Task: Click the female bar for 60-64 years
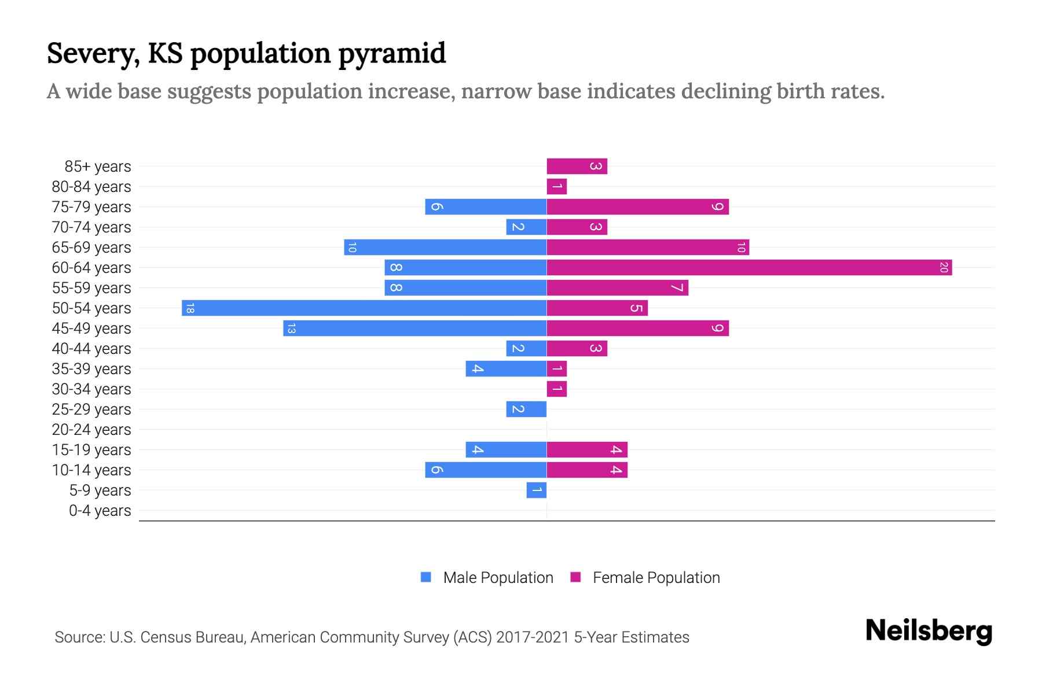click(749, 268)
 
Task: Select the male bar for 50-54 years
click(364, 308)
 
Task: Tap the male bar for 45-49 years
click(414, 328)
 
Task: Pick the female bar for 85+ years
click(577, 167)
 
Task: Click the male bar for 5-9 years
click(537, 490)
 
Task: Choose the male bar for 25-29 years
click(526, 409)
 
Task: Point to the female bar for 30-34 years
click(557, 389)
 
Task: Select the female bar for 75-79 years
click(637, 207)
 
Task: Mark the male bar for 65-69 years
click(445, 248)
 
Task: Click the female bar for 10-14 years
click(587, 470)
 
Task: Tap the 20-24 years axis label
click(91, 430)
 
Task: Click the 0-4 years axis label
click(100, 511)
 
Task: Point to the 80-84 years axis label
click(91, 187)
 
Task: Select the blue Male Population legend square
click(426, 577)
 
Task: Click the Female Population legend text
click(656, 578)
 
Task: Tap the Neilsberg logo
click(929, 631)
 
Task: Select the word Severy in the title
click(93, 54)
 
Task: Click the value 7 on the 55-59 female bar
click(677, 288)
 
